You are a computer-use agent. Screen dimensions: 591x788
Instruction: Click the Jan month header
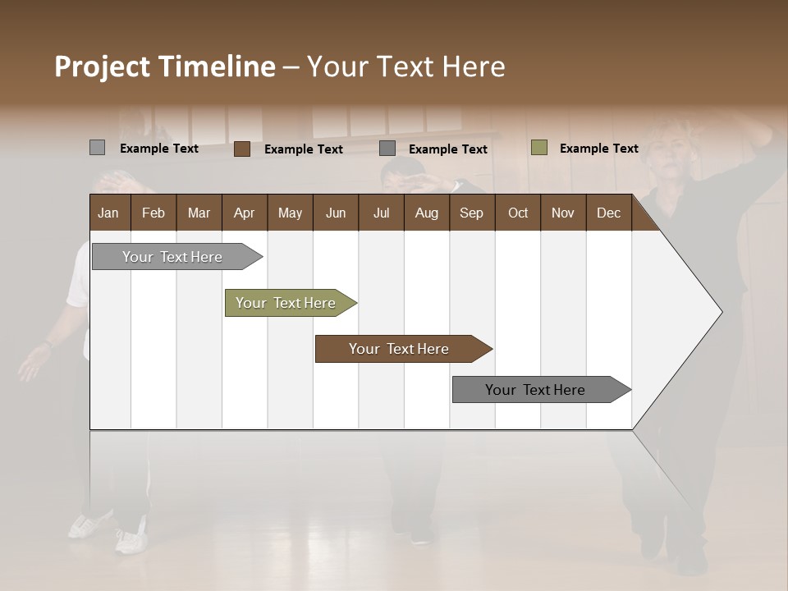[108, 213]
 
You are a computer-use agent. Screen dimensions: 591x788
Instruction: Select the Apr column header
[244, 213]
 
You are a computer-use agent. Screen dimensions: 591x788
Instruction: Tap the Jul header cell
[381, 213]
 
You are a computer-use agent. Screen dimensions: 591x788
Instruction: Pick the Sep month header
[471, 213]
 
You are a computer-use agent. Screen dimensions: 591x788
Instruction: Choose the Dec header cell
[608, 213]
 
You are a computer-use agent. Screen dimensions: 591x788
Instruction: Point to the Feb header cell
[153, 213]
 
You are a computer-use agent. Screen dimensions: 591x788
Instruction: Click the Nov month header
[562, 213]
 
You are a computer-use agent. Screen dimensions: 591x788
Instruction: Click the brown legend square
[241, 149]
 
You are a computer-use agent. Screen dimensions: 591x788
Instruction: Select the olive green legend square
[538, 148]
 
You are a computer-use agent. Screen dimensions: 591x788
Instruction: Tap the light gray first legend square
[97, 148]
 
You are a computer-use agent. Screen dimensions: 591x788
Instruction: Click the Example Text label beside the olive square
[598, 149]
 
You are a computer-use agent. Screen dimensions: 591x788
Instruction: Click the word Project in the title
[102, 66]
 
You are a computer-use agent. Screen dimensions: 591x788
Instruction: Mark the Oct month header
[518, 213]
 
